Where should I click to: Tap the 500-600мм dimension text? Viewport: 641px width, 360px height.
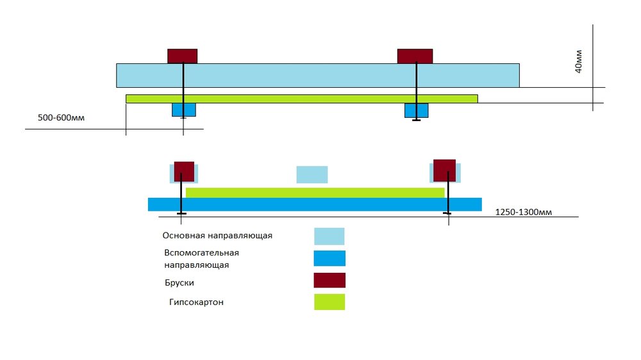(62, 118)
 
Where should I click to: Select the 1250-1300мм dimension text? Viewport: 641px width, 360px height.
(524, 212)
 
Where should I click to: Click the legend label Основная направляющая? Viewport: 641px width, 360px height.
(218, 236)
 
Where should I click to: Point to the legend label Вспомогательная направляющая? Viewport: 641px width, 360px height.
(202, 258)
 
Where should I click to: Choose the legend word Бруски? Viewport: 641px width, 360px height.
(178, 282)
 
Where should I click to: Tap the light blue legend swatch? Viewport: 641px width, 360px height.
(329, 236)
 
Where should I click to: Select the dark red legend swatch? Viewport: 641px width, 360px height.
(329, 281)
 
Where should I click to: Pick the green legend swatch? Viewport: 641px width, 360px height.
(329, 302)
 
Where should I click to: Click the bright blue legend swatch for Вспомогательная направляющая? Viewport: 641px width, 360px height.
(329, 258)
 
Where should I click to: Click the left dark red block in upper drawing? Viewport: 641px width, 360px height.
(182, 56)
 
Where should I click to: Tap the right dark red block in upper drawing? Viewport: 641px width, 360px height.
(415, 56)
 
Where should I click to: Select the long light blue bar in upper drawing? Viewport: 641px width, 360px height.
(317, 75)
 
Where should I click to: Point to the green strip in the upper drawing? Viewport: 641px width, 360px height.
(301, 99)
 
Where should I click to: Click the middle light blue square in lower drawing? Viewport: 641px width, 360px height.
(312, 174)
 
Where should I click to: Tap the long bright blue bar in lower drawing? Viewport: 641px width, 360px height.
(314, 204)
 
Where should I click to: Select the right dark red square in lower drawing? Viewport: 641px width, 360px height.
(444, 170)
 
